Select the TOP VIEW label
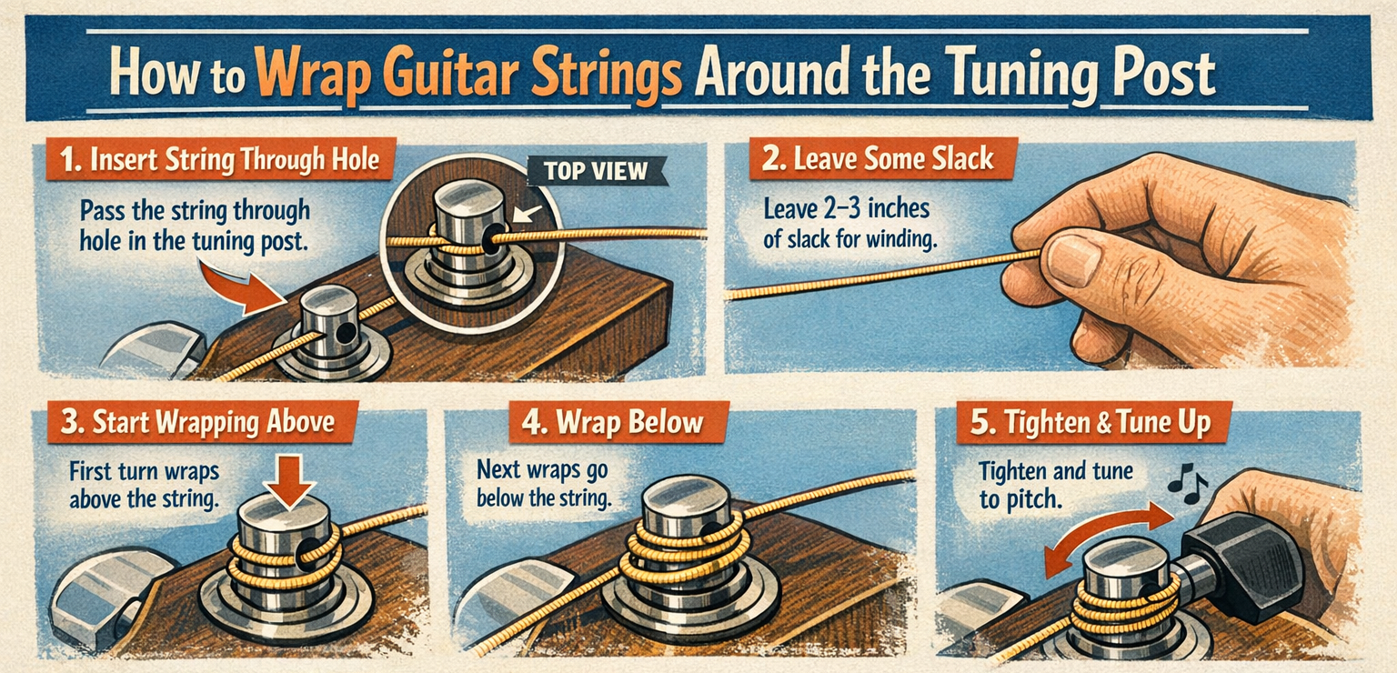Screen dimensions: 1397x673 (x=596, y=171)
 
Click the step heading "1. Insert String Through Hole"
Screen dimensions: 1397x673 (x=220, y=160)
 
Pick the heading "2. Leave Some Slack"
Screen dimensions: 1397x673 (x=878, y=158)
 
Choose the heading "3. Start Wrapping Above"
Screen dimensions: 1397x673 (x=198, y=422)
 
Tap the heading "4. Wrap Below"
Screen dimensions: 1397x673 (x=612, y=422)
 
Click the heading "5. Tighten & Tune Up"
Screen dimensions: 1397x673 (x=1090, y=422)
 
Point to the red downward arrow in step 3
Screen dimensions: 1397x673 (x=289, y=481)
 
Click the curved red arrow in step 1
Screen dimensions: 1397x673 (x=240, y=288)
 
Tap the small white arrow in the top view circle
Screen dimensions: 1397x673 (x=527, y=215)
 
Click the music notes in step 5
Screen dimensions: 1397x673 (x=1187, y=484)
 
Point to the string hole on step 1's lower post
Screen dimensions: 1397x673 (x=344, y=334)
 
